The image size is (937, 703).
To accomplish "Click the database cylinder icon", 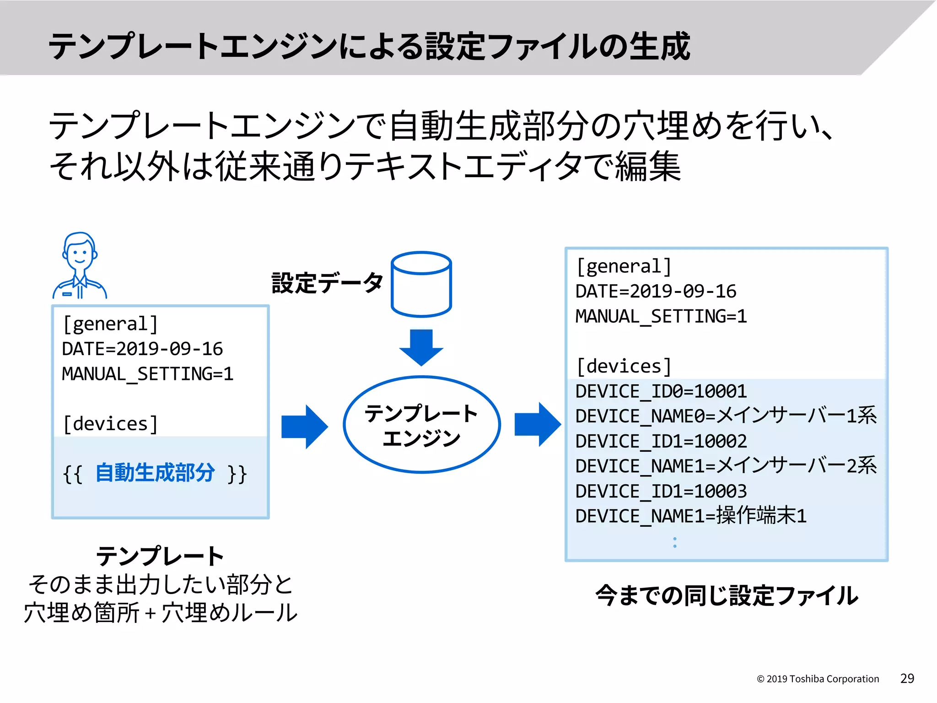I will point(421,284).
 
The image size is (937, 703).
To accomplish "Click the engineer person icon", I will point(80,266).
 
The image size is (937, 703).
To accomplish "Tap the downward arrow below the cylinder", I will point(421,347).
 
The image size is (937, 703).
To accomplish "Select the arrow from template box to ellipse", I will point(304,427).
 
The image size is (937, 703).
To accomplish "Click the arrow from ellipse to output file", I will point(537,424).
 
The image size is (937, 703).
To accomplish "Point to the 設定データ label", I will point(327,283).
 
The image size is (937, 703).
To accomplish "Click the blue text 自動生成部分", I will point(155,473).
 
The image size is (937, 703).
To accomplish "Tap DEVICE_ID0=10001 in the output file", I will point(661,391).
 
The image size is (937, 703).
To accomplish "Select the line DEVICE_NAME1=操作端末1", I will point(690,516).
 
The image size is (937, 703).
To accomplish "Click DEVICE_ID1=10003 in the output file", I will point(661,492).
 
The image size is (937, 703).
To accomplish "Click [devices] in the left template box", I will point(110,424).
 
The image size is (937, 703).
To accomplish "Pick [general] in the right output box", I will point(624,266).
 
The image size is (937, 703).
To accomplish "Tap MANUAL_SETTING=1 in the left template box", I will point(147,374).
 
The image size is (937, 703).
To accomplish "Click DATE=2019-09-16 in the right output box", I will point(655,292).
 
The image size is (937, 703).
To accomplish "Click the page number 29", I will point(907,678).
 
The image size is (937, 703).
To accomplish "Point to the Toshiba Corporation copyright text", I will point(818,679).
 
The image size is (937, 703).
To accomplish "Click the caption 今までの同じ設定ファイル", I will point(727,596).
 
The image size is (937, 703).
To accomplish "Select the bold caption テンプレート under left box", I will point(160,557).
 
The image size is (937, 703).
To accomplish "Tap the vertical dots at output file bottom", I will point(675,542).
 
